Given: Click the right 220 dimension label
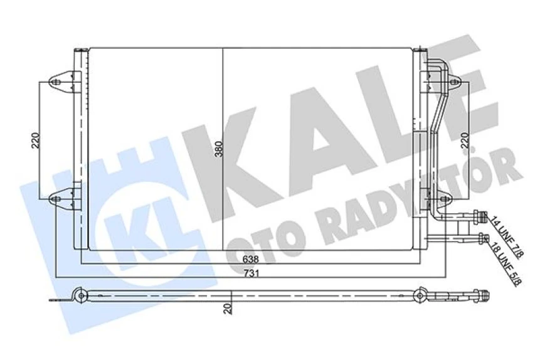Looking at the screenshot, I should coord(465,143).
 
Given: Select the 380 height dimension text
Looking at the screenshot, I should coord(218,149).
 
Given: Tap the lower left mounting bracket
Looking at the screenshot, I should coord(61,199).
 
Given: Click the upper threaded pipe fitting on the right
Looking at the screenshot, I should coord(481,216).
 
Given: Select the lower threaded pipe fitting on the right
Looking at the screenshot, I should coord(481,238).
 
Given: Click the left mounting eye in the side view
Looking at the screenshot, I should coord(79,294).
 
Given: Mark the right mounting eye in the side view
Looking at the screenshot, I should coord(420,294).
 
